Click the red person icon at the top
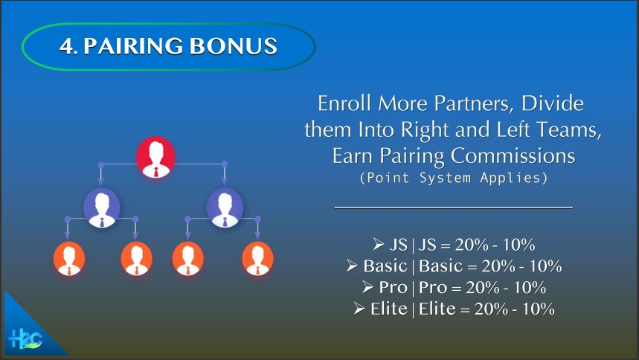[x=155, y=158]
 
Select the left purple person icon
[x=102, y=208]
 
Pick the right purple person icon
[x=225, y=208]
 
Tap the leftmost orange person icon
[x=69, y=259]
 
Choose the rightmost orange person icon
[x=257, y=259]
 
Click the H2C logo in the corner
[x=25, y=338]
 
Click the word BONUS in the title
[x=234, y=45]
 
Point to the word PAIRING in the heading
[x=133, y=45]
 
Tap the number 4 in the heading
[x=66, y=46]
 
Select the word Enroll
[x=344, y=103]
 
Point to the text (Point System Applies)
[x=454, y=178]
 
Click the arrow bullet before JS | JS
[x=379, y=244]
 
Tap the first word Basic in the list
[x=385, y=266]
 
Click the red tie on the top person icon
[x=156, y=172]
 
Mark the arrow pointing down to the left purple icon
[x=100, y=176]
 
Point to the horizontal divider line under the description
[x=454, y=208]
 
